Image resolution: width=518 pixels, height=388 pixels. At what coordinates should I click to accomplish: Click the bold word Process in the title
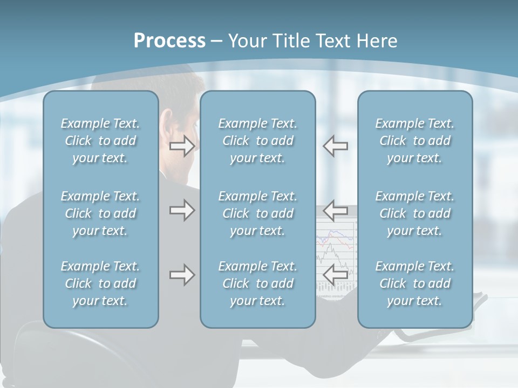point(169,41)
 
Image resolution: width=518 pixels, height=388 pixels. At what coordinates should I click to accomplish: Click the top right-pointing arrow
point(182,145)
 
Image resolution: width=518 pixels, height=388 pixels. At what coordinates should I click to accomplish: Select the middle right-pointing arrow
point(182,210)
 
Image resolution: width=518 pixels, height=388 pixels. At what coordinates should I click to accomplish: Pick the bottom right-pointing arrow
point(182,275)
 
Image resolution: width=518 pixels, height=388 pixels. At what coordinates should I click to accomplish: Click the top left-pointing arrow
point(335,145)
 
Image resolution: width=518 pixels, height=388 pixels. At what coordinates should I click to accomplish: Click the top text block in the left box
point(100,141)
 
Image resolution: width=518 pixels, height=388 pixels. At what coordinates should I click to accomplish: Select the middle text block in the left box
point(100,213)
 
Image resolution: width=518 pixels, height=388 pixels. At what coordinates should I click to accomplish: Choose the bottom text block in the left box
point(100,283)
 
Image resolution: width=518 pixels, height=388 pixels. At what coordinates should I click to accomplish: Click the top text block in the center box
point(258,141)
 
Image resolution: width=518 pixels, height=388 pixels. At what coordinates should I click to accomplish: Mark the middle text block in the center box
point(258,213)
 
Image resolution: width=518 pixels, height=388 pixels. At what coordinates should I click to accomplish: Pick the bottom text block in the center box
point(258,283)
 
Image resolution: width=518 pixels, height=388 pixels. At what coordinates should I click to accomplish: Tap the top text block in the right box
point(415,141)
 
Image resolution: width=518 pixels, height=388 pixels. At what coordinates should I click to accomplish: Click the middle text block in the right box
point(415,213)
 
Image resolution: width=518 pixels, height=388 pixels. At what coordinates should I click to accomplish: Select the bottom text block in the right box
point(415,283)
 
